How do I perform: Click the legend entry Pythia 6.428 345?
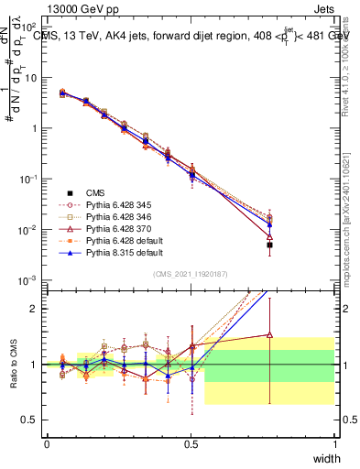(x=111, y=205)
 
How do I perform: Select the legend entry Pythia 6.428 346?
(x=111, y=218)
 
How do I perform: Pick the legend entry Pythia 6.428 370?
(x=111, y=230)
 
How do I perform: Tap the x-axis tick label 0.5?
(x=191, y=444)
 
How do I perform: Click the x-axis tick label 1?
(x=334, y=444)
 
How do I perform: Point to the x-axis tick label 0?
(x=47, y=444)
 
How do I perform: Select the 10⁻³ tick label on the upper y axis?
(x=28, y=280)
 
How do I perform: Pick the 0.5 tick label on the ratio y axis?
(x=31, y=421)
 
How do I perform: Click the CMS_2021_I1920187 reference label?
(x=191, y=274)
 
